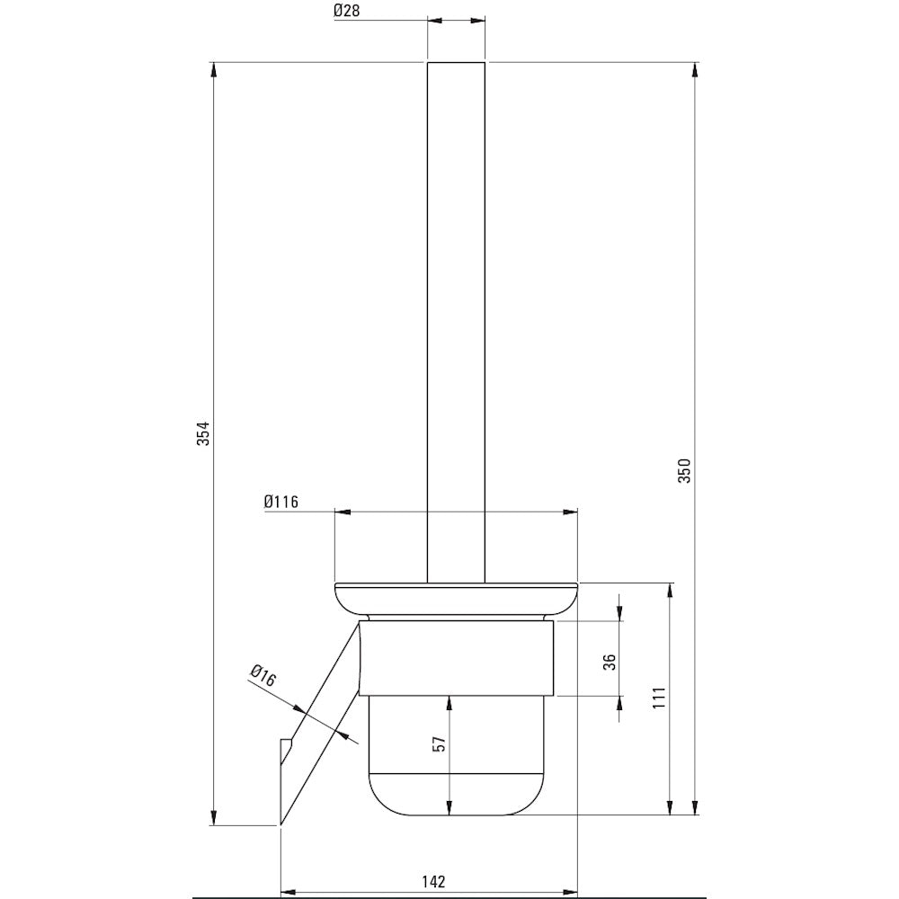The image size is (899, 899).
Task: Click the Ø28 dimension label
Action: click(347, 10)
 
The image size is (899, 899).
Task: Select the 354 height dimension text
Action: click(203, 433)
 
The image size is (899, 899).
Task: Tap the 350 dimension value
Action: click(685, 470)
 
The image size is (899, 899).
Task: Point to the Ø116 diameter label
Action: click(280, 502)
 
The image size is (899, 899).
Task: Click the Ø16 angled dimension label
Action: click(263, 676)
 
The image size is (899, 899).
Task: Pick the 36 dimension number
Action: click(610, 662)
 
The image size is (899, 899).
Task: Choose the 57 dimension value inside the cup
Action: click(440, 744)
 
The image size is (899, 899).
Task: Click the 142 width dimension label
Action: click(434, 881)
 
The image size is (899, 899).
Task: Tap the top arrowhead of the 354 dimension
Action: click(215, 70)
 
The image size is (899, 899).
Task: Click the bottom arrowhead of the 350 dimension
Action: click(695, 806)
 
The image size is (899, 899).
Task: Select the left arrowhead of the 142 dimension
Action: click(289, 893)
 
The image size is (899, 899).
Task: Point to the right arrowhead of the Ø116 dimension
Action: click(570, 512)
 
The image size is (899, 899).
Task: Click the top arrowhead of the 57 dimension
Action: click(449, 704)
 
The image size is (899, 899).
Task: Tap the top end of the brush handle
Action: click(457, 63)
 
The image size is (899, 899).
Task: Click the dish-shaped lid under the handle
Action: click(457, 601)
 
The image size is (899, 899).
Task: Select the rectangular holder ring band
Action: click(457, 658)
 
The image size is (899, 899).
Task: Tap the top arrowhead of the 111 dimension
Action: click(669, 592)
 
